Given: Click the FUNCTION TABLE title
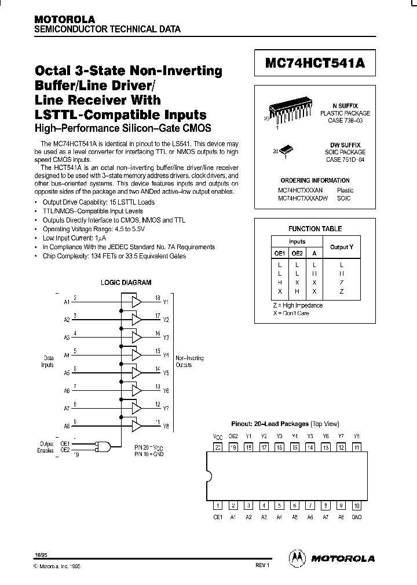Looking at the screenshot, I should (x=315, y=229).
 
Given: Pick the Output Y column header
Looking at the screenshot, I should (x=341, y=247).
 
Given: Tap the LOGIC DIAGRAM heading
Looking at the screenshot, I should (x=126, y=283).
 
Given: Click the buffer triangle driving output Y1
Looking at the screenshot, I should (x=136, y=301).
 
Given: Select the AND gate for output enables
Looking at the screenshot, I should (x=104, y=446).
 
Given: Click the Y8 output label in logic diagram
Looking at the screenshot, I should (x=166, y=427).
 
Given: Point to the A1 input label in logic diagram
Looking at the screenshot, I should (x=67, y=302).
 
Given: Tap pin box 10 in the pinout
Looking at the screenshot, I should (x=356, y=505).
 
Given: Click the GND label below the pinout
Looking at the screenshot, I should (x=356, y=517).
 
